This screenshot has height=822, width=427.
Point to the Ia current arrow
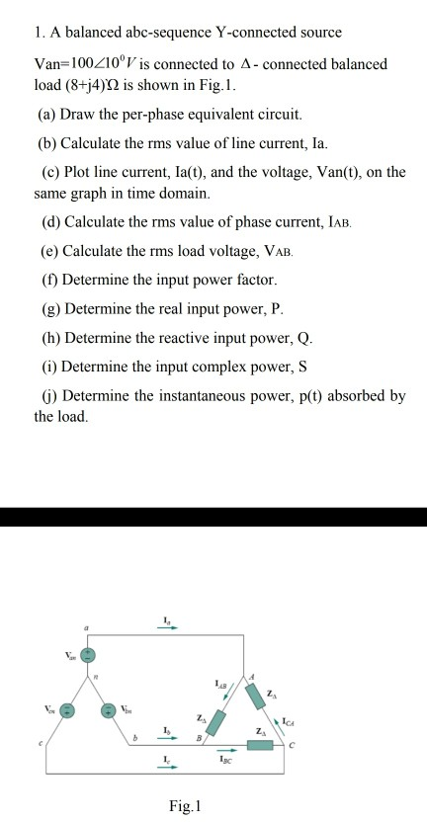(x=167, y=625)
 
